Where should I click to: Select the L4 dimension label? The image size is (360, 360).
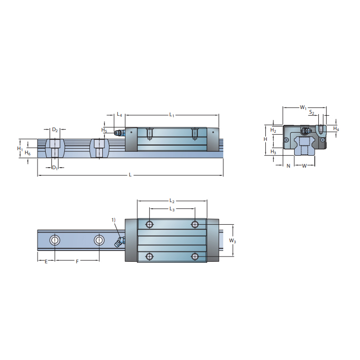(x=119, y=114)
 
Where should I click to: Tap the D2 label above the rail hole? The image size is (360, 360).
(x=55, y=130)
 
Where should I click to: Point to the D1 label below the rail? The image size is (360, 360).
(x=55, y=168)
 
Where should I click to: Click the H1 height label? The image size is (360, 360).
(x=20, y=149)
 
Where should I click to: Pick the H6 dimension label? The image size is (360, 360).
(x=28, y=153)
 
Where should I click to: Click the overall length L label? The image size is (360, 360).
(x=130, y=175)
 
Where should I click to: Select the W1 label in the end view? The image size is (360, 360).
(x=303, y=108)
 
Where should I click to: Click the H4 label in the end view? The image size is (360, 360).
(x=336, y=129)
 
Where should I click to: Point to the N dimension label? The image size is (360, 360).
(x=288, y=166)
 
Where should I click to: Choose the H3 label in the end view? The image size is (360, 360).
(x=273, y=153)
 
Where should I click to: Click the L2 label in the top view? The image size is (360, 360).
(x=172, y=201)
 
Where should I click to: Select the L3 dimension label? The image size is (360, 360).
(x=172, y=209)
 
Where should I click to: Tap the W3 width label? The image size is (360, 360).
(x=232, y=241)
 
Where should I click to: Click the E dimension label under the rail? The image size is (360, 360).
(x=46, y=262)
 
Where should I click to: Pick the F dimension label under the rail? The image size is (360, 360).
(x=77, y=262)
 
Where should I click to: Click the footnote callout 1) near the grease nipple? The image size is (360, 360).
(x=114, y=220)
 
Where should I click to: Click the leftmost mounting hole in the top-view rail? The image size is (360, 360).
(x=55, y=240)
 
